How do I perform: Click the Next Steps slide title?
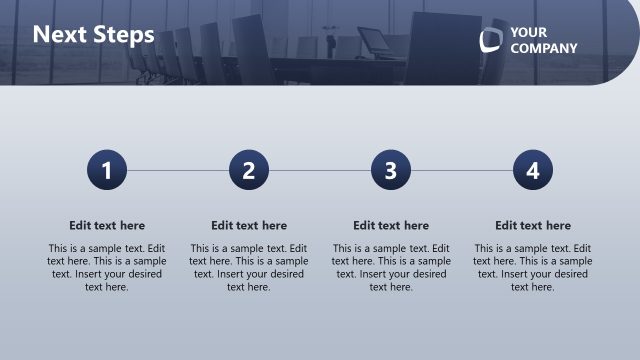[93, 35]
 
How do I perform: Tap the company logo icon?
[490, 40]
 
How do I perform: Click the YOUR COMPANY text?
[543, 40]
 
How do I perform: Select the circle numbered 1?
[107, 170]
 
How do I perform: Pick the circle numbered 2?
[249, 170]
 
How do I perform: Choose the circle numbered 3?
[391, 170]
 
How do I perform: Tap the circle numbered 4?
[533, 170]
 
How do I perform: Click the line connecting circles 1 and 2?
[178, 170]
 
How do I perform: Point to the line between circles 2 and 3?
[320, 170]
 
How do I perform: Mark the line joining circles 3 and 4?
[462, 170]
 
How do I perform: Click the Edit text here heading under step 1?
[107, 226]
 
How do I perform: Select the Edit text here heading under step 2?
[249, 226]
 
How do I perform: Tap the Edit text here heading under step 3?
[391, 226]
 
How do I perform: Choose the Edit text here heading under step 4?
[533, 226]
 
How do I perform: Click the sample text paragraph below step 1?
[107, 267]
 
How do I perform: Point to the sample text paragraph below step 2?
[249, 267]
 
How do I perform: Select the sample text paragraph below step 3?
[391, 267]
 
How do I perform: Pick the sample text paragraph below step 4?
[533, 267]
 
